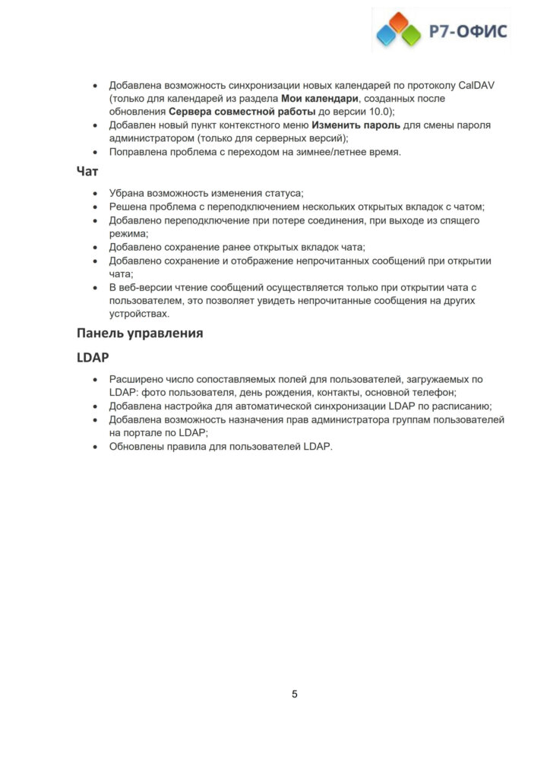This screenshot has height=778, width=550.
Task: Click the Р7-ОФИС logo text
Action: coord(469,30)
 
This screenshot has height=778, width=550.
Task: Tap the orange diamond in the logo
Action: coord(398,21)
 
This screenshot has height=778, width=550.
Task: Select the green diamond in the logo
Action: coord(411,33)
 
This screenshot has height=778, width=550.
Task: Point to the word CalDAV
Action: coord(475,84)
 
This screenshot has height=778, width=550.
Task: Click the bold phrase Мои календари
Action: coord(320,98)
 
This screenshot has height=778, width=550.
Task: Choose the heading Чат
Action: coord(87,172)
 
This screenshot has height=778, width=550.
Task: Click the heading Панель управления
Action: coord(140,333)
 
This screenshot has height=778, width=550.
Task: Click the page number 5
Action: coord(295,694)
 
